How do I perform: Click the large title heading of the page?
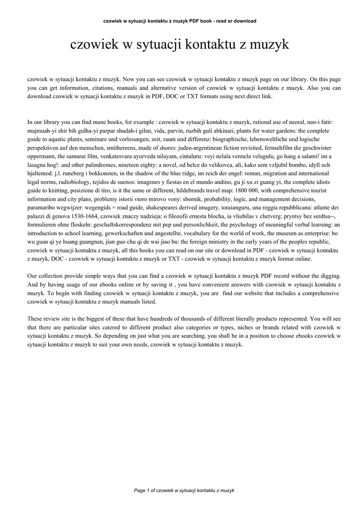click(180, 45)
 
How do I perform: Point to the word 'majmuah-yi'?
click(42, 129)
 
